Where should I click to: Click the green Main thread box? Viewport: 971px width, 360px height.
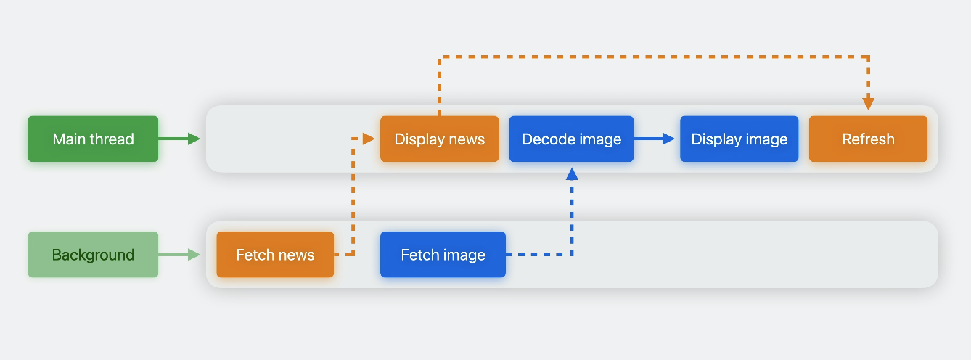tap(93, 139)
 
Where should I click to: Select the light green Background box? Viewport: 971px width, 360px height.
tap(93, 255)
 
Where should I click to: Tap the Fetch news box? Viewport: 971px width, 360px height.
tap(275, 255)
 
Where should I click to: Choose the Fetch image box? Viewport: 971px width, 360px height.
tap(443, 255)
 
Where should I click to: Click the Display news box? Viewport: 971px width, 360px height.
tap(439, 139)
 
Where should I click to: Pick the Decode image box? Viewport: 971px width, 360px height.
tap(571, 139)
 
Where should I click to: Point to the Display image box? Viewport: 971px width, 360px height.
tap(739, 139)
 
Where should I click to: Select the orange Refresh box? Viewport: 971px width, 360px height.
tap(868, 139)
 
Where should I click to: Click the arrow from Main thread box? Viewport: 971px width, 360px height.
tap(179, 139)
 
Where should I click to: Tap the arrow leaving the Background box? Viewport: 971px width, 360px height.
tap(179, 255)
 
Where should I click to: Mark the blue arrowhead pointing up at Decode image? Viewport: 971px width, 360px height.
tap(572, 173)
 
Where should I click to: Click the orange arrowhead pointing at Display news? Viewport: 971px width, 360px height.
tap(368, 138)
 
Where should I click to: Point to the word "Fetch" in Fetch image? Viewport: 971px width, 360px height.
tap(419, 255)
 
